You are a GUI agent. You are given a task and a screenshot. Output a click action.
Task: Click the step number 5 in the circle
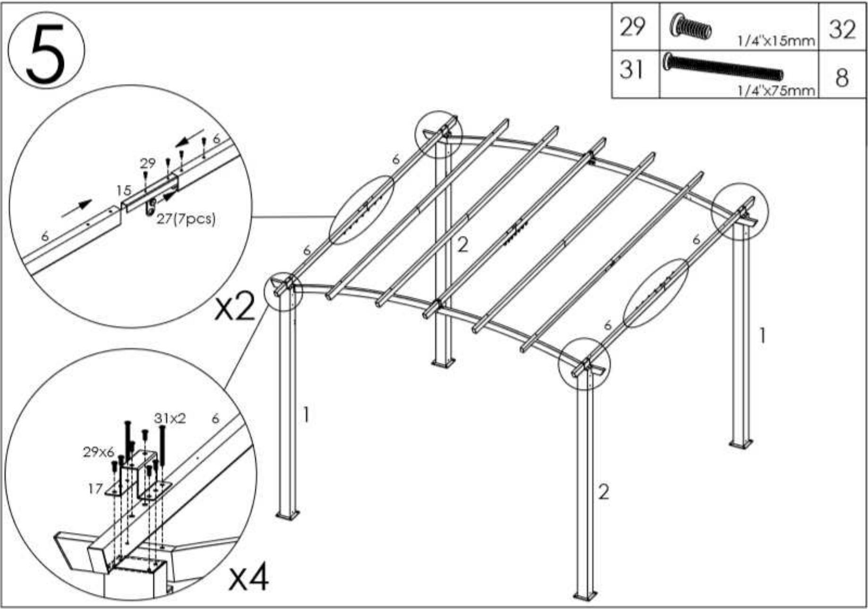[x=45, y=52]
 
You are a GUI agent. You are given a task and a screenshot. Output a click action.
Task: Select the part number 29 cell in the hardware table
[x=632, y=26]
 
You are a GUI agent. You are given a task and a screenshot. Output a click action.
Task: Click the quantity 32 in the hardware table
[x=842, y=29]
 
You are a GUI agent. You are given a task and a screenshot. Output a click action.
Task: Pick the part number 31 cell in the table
[x=632, y=70]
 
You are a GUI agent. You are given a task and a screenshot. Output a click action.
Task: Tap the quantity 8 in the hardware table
[x=842, y=77]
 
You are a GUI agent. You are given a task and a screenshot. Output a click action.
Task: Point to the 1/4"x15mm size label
[x=776, y=42]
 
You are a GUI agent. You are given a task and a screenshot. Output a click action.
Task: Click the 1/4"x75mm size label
[x=776, y=90]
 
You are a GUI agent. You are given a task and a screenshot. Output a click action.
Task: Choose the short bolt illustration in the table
[x=691, y=27]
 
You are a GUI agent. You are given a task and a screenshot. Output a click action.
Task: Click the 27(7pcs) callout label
[x=185, y=219]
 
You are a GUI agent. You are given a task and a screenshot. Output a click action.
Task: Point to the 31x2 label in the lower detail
[x=170, y=418]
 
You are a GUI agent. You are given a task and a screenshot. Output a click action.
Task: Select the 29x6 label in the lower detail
[x=99, y=452]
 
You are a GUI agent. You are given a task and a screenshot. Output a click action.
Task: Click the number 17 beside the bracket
[x=95, y=488]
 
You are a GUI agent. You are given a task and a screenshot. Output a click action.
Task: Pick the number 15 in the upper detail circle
[x=124, y=190]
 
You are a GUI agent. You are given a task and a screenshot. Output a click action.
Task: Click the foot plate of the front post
[x=585, y=594]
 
